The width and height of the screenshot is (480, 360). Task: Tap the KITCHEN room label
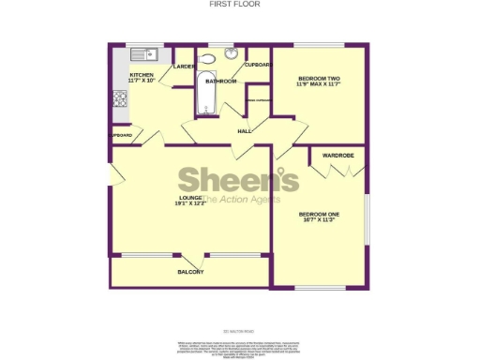coord(142,74)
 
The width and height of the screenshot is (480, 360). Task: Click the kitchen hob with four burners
coord(120,97)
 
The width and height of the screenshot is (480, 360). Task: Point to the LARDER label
coord(184,67)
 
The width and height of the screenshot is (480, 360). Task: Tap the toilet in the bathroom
coord(208,58)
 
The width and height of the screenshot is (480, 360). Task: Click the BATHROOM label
coord(221,82)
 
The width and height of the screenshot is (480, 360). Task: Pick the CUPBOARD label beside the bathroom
coord(258,65)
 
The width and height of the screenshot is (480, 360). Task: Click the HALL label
coord(245,130)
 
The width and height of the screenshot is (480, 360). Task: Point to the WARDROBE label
coord(337,155)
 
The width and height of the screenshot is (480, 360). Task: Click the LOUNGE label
coord(191,197)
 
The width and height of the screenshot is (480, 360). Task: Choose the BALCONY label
coord(191,272)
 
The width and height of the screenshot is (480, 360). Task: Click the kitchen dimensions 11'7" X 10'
coord(142,81)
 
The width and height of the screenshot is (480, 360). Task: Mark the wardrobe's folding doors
coord(337,169)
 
